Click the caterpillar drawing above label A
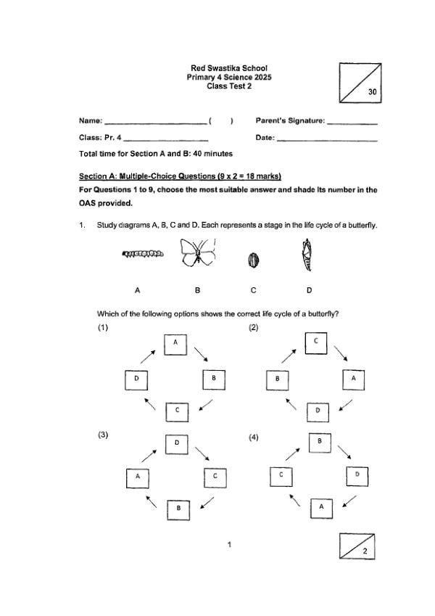pos(143,254)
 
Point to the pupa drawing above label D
pos(307,255)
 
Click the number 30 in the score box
pos(372,92)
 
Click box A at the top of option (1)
pos(175,344)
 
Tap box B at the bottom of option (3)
pos(178,509)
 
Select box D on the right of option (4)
pos(357,475)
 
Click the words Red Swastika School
pos(228,68)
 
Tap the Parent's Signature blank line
pos(352,122)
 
